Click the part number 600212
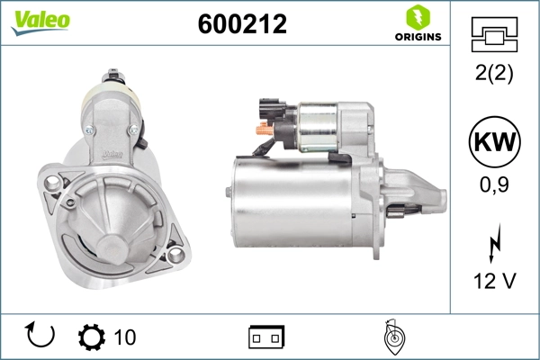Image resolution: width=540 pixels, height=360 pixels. (241, 24)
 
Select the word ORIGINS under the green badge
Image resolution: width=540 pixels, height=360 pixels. (417, 37)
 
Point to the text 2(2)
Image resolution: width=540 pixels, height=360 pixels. (493, 75)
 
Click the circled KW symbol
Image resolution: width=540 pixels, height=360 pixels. (493, 143)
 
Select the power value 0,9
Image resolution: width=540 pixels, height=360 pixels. (493, 187)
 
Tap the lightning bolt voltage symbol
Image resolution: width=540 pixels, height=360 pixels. (493, 243)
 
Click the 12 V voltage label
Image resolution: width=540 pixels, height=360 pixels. (493, 281)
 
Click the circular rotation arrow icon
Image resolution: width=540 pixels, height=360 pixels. (41, 336)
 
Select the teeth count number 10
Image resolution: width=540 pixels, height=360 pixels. (124, 337)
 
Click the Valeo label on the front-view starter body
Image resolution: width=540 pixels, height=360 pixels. (112, 152)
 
